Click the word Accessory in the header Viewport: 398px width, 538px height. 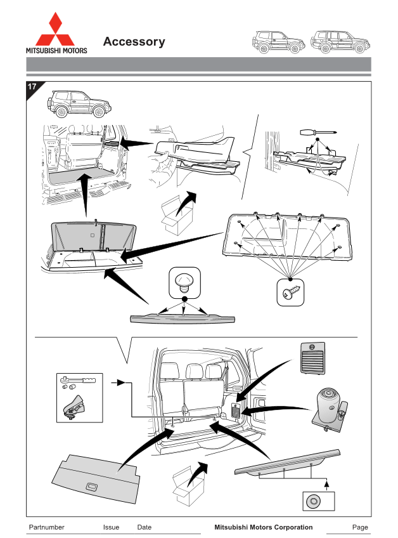pos(134,42)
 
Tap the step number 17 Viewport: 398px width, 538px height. pos(32,87)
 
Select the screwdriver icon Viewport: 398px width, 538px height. pos(317,133)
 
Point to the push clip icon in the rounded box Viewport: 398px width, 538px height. pos(184,282)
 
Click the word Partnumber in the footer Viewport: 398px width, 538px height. pos(47,527)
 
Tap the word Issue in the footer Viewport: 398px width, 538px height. pos(111,527)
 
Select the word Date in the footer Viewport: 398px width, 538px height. pos(144,527)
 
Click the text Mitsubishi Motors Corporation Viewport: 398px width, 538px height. pos(263,527)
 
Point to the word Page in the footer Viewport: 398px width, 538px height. pos(360,527)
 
